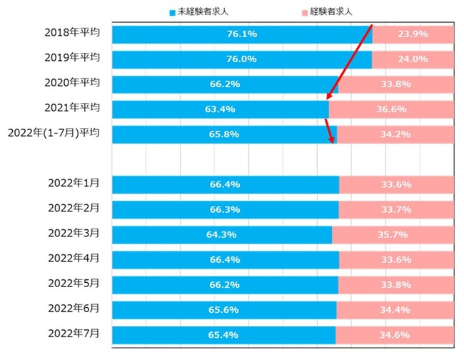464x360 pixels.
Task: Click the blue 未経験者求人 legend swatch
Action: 172,12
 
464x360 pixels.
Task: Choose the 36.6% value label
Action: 392,109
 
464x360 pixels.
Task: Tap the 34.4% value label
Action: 395,309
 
